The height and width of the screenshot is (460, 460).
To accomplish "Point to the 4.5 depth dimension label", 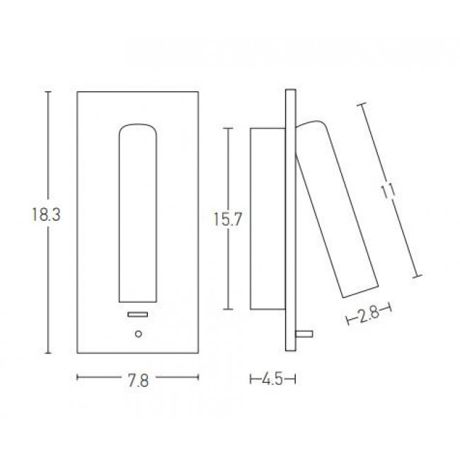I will coord(272,381).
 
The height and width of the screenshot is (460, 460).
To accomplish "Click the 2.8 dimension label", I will coord(369,316).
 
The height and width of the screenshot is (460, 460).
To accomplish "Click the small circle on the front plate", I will coord(138,333).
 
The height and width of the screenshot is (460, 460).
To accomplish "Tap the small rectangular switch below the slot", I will coord(137,314).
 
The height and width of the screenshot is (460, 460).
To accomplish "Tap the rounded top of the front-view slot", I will coord(137,130).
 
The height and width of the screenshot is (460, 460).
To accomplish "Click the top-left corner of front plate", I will coord(77,92).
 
